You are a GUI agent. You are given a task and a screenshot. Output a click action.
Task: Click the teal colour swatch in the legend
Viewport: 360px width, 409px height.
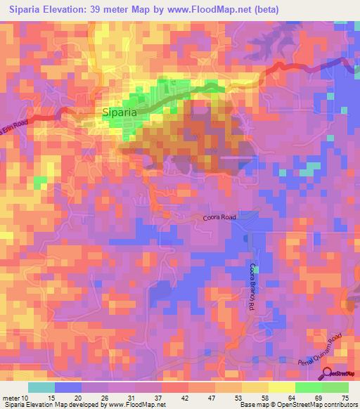coord(41,387)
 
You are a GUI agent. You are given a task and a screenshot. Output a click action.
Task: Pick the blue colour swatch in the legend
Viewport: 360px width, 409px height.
coord(68,387)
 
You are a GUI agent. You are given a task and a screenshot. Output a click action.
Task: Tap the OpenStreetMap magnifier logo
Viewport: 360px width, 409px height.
coord(327,373)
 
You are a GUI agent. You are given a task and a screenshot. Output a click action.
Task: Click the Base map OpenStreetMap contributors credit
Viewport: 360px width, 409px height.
coord(298,405)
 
